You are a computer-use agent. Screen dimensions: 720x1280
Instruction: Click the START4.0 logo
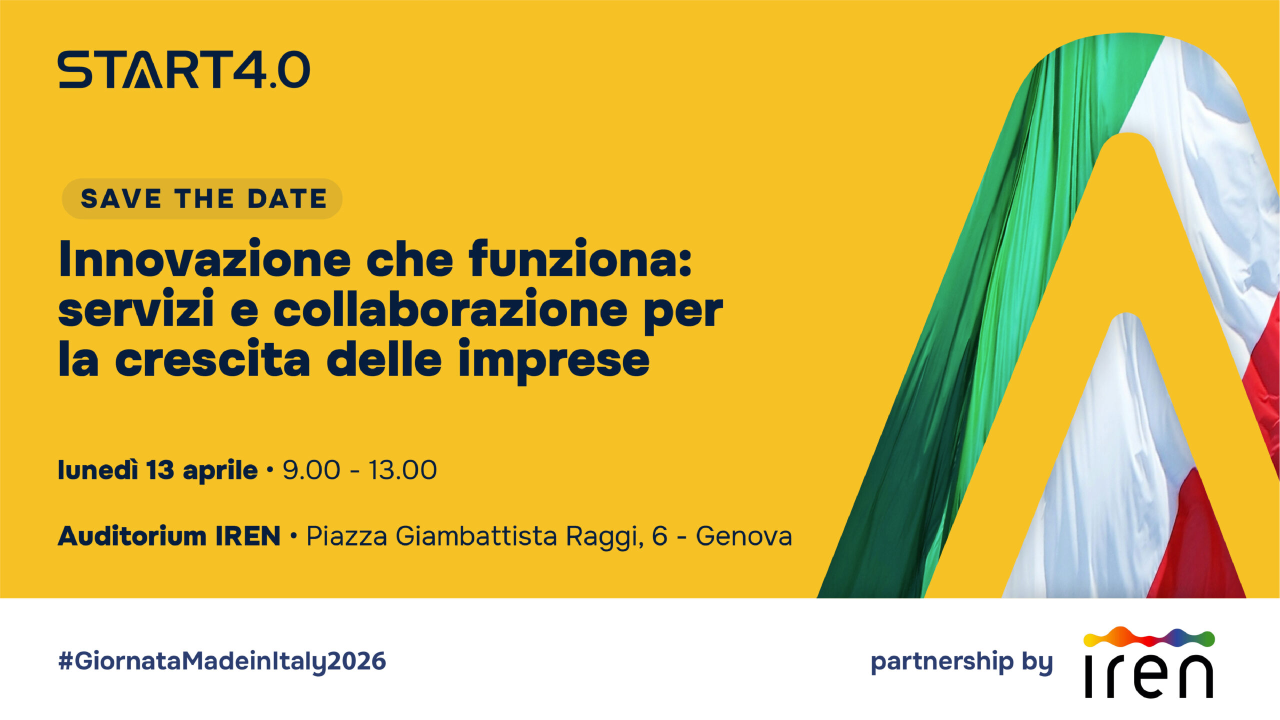click(x=183, y=69)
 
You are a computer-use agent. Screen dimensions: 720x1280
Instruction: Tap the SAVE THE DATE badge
click(x=202, y=198)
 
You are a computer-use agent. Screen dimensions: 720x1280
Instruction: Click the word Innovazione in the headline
click(x=204, y=260)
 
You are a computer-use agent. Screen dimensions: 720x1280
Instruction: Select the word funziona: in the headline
click(x=580, y=259)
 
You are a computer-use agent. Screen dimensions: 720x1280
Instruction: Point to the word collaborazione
click(x=450, y=310)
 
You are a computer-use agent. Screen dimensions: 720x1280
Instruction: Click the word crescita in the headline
click(x=212, y=360)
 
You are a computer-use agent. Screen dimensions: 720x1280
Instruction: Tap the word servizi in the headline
click(x=136, y=310)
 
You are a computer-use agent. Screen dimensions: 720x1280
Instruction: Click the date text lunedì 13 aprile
click(x=157, y=470)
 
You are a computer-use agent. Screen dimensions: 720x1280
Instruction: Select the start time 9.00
click(x=311, y=470)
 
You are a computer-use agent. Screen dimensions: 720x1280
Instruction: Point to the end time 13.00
click(x=402, y=470)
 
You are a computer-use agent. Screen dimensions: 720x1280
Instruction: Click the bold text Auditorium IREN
click(x=169, y=536)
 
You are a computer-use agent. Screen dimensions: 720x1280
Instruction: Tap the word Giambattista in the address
click(x=476, y=536)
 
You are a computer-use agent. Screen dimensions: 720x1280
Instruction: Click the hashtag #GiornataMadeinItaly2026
click(x=222, y=661)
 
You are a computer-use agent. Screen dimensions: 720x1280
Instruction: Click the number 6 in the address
click(x=659, y=536)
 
